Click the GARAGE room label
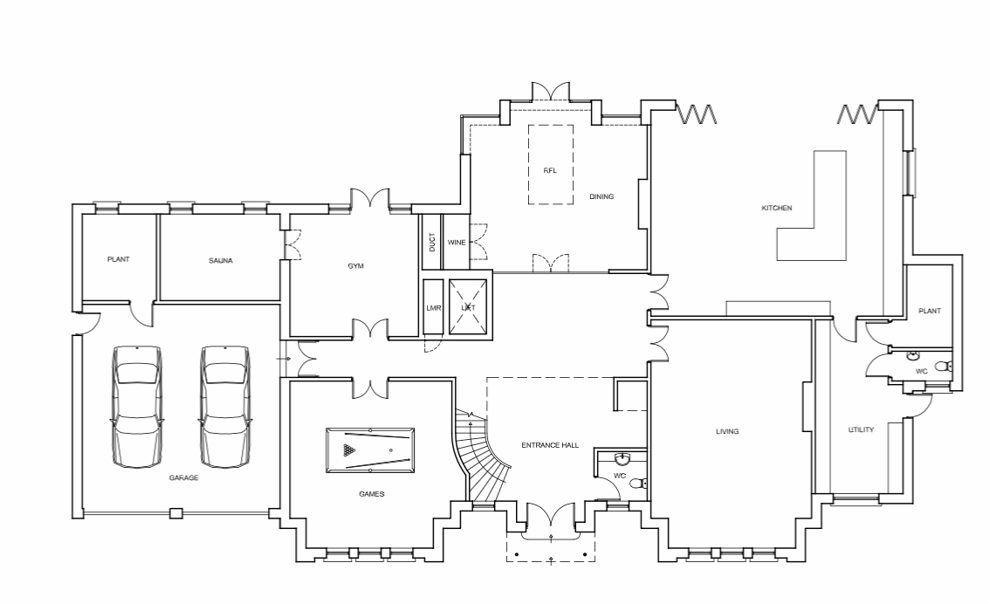(183, 477)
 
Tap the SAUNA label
(221, 260)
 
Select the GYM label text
(356, 265)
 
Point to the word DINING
(602, 196)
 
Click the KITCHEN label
(777, 208)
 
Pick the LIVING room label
(727, 432)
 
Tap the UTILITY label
(861, 429)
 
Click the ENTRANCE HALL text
(550, 445)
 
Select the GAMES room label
(372, 493)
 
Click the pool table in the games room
(370, 450)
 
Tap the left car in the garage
(136, 406)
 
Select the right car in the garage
(224, 406)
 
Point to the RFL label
(551, 170)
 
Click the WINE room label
(457, 243)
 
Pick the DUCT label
(432, 243)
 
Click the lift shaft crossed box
(468, 306)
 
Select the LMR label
(434, 308)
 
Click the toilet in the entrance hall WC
(640, 484)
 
